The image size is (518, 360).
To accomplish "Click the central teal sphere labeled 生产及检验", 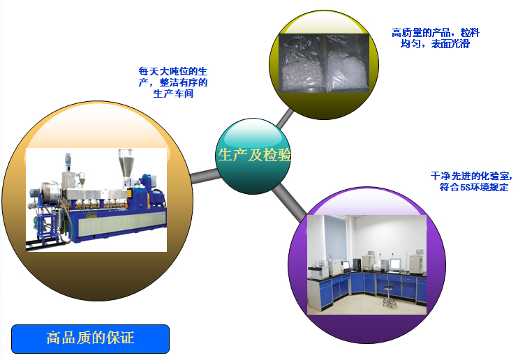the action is coord(253,156).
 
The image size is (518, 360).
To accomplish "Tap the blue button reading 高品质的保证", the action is coord(90,339).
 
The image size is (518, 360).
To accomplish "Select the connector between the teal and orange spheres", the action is coord(204,176).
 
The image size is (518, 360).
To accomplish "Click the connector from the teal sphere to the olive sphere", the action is coord(285,119).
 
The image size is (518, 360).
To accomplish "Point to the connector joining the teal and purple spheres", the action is coord(290,203).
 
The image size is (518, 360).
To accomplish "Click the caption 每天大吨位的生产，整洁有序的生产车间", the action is coord(173,82).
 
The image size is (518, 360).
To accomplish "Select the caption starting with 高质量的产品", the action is coord(435,38).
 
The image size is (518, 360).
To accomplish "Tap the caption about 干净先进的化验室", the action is coord(471,181).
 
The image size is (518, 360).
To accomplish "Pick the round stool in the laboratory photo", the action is coord(389,297).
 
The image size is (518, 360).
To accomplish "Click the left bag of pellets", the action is coord(302,63).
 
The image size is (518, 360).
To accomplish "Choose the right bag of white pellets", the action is coord(347,63).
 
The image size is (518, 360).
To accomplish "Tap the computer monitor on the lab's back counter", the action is coord(394,264).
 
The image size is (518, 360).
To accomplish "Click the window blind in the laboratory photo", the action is coord(335,238).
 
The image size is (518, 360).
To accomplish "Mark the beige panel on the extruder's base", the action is coord(122,223).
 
